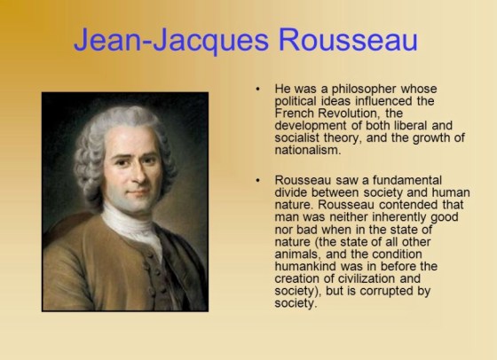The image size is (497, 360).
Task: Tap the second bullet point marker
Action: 256,180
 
